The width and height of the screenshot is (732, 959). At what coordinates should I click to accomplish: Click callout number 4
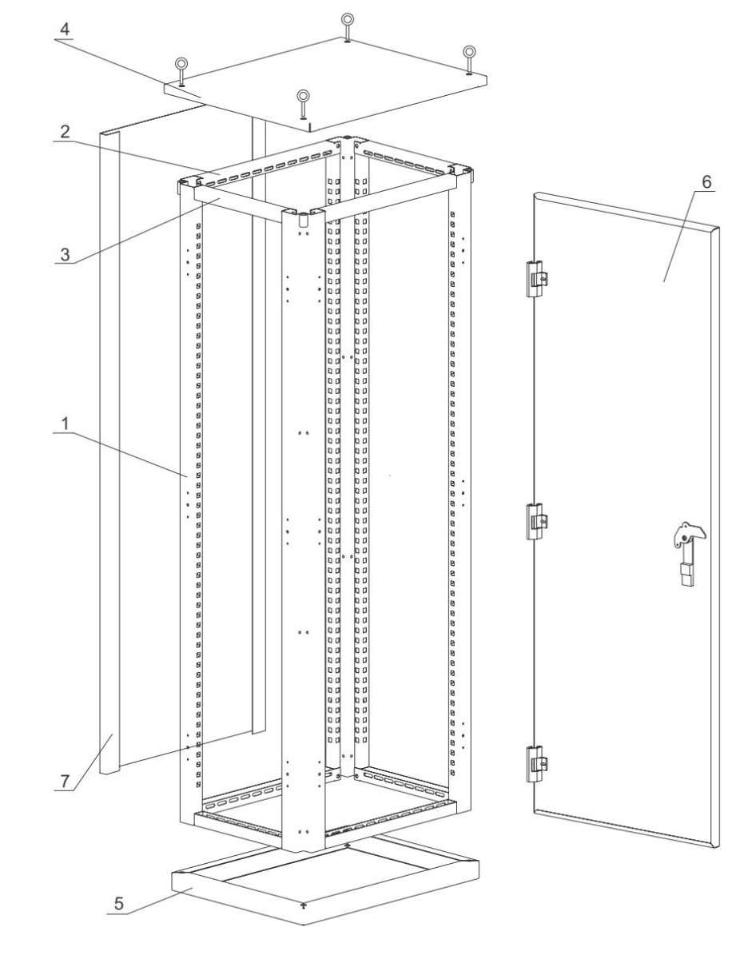[x=65, y=30]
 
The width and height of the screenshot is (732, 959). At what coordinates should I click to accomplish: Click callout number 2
[x=65, y=132]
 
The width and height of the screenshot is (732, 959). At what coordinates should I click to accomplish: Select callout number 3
[x=65, y=254]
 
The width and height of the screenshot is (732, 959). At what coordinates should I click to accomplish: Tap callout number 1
[x=65, y=424]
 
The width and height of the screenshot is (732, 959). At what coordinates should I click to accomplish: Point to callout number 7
[x=65, y=781]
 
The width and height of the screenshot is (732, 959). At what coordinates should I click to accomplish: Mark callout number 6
[x=706, y=181]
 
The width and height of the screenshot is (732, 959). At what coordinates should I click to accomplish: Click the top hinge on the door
[x=536, y=278]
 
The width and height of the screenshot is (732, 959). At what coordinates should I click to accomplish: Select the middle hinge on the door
[x=536, y=521]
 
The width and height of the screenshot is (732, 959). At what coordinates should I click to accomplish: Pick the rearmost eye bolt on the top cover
[x=347, y=27]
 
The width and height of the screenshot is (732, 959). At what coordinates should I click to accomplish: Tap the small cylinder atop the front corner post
[x=302, y=221]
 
